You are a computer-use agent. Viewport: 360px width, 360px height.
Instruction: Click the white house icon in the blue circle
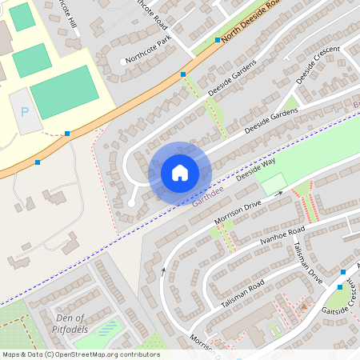[x=180, y=172]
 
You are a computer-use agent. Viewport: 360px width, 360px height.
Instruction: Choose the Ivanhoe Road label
[x=282, y=237]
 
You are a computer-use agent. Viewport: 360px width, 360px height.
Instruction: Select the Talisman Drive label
[x=308, y=265]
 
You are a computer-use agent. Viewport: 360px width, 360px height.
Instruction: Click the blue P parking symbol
[x=24, y=113]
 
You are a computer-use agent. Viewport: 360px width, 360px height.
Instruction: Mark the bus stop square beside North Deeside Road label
[x=218, y=39]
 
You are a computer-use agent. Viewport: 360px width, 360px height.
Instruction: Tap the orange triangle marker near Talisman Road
[x=303, y=306]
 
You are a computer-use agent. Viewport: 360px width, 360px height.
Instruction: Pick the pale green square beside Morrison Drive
[x=273, y=184]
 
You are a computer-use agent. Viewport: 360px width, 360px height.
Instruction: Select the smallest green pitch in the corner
[x=22, y=17]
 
